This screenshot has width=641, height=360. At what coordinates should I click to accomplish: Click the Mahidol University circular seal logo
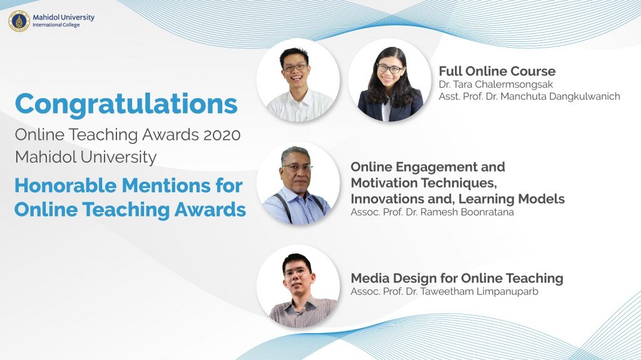pos(19,21)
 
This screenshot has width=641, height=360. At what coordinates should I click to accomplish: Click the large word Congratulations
pos(126,105)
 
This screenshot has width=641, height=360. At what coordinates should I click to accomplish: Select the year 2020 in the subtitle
pos(222,135)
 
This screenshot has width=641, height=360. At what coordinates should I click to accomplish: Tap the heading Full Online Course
pos(497,71)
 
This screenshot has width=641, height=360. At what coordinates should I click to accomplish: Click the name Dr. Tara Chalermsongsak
pos(496,85)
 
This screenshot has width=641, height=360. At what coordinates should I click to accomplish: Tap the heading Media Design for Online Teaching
pos(457,278)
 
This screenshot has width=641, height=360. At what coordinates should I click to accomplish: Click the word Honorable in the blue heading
pos(65,186)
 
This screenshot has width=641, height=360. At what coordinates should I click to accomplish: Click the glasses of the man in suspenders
pos(297,167)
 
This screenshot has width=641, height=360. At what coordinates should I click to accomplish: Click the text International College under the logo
pos(56,25)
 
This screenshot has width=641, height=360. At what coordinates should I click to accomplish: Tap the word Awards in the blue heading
pos(210,210)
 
